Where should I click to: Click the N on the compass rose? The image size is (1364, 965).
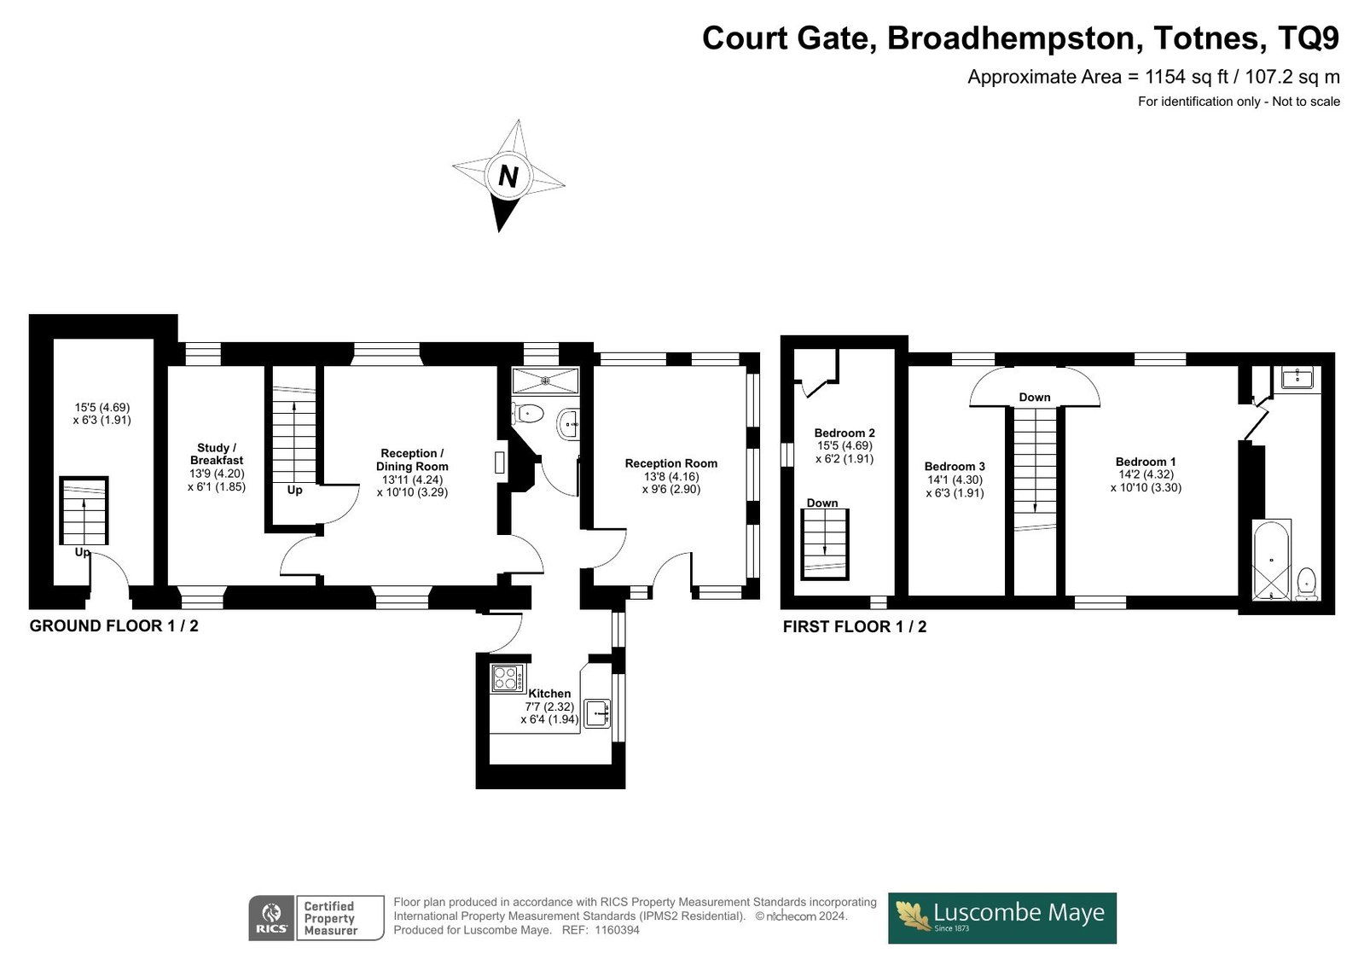click(508, 177)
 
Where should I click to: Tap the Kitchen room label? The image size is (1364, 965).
click(549, 694)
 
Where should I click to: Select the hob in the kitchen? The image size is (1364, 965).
click(508, 678)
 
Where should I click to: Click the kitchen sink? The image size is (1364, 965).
click(597, 713)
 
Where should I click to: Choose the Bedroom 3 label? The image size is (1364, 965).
click(955, 467)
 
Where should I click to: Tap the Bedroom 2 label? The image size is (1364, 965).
click(845, 433)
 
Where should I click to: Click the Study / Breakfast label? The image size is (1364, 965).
click(216, 454)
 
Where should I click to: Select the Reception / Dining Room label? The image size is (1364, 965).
click(412, 460)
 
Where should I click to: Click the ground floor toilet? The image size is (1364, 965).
click(527, 414)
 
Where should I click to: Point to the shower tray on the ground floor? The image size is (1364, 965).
click(545, 381)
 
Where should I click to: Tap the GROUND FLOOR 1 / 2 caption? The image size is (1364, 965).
click(113, 626)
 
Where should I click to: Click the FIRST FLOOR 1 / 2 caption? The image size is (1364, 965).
click(855, 627)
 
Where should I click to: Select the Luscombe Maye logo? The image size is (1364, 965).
click(1001, 918)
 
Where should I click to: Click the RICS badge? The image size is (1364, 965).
click(271, 918)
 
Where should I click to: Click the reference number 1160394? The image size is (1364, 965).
click(617, 930)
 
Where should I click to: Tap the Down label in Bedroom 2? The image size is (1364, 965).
click(822, 503)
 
